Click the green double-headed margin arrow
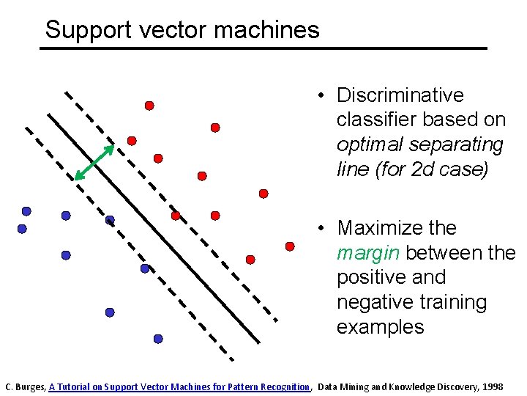95,162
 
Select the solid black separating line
154,227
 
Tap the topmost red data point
149,106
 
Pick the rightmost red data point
290,246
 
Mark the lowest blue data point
158,339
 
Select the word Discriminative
400,95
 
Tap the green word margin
368,253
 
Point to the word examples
380,327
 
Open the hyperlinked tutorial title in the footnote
179,386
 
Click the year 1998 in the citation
493,386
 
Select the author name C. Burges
26,386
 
